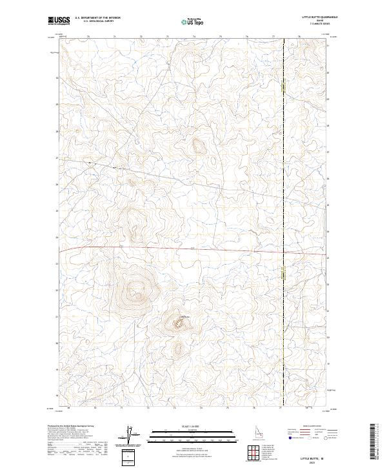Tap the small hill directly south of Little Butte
pos(178,348)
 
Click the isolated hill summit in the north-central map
pos(197,145)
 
